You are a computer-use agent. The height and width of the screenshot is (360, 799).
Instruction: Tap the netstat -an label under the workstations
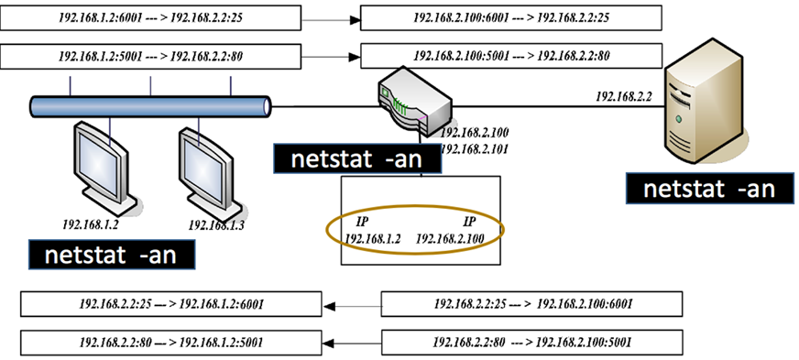[112, 254]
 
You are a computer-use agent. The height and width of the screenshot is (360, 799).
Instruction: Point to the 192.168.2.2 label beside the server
[623, 95]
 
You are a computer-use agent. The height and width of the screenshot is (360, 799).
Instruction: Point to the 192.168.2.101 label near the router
[476, 147]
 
